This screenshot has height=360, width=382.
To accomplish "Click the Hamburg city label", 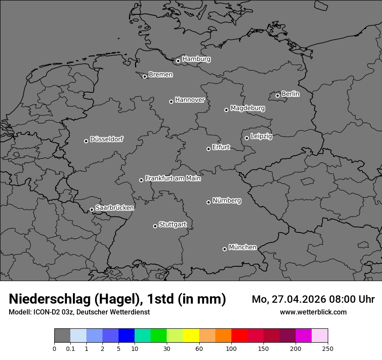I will tap(196, 59).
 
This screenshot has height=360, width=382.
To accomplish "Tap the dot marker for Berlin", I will tap(277, 95).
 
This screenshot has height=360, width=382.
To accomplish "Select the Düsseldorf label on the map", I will tap(106, 139).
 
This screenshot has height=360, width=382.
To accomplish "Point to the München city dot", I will tap(224, 249).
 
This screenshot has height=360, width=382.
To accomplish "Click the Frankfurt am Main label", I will tap(173, 178).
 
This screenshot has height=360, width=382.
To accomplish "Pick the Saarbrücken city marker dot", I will tap(92, 209).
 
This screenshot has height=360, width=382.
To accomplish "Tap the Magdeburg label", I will tap(247, 108).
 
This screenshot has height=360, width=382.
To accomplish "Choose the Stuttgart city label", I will tap(173, 224).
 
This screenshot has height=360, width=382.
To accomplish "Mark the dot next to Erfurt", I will tap(208, 149).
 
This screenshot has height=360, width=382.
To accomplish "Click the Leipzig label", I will tap(261, 136).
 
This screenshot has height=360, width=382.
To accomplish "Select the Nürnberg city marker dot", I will tap(208, 202).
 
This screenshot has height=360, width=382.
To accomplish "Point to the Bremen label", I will tap(161, 75).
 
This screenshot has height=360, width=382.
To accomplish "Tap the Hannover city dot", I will tap(171, 101).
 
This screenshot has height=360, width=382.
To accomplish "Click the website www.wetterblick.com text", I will tap(313, 312).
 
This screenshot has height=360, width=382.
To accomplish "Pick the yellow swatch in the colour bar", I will tap(191, 336).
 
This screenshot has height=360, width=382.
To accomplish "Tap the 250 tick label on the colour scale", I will tap(328, 349).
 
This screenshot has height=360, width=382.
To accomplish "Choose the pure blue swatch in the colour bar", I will tap(127, 336).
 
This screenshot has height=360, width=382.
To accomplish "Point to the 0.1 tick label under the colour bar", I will tap(70, 349).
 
